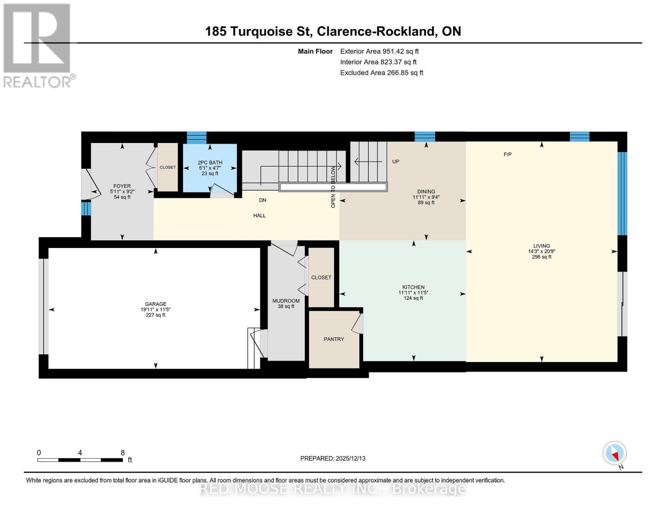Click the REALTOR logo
tap(38, 45)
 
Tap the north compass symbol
tap(615, 453)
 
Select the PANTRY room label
tap(334, 339)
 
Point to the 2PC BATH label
tap(210, 162)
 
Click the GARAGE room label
tap(155, 304)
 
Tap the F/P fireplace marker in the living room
tap(507, 154)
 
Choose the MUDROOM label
tap(286, 301)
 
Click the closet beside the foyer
tap(168, 167)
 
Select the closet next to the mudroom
tap(321, 277)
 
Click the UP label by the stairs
tap(395, 161)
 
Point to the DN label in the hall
tap(262, 200)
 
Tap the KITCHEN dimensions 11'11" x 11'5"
tap(413, 293)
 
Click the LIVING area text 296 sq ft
tap(542, 257)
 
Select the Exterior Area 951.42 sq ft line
tap(379, 51)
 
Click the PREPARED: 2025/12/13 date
tap(333, 458)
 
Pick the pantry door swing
tap(357, 323)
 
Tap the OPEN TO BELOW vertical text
tap(333, 187)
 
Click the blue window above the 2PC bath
tap(196, 138)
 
